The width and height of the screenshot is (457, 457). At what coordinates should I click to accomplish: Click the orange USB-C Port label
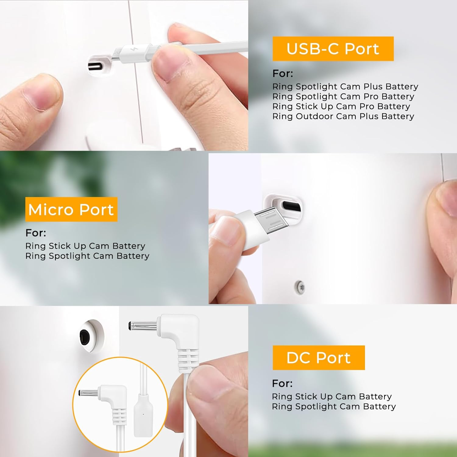click(333, 49)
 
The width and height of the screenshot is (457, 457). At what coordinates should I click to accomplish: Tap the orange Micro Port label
click(71, 209)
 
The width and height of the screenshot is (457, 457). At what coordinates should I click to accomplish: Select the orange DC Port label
click(319, 358)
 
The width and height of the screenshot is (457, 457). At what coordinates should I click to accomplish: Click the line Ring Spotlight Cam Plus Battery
click(345, 87)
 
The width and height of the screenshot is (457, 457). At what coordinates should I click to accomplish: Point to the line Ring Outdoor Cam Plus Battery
click(343, 116)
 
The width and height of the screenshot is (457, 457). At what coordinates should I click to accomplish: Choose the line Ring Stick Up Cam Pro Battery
click(341, 106)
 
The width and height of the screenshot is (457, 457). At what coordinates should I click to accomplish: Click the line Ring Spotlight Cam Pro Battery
click(343, 96)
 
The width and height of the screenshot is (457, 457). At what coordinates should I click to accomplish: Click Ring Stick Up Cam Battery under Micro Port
click(85, 246)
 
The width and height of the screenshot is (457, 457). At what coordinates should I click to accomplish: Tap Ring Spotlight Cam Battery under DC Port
click(334, 406)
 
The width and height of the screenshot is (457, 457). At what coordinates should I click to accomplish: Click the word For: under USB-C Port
click(283, 73)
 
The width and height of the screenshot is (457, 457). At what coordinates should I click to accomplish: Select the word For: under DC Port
click(282, 383)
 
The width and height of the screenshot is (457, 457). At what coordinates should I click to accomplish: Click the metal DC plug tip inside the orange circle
click(89, 393)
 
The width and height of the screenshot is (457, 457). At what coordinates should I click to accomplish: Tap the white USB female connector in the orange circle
click(143, 416)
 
